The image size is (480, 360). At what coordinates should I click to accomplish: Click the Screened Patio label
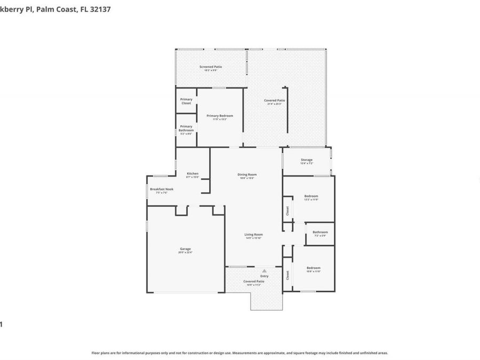click(211, 67)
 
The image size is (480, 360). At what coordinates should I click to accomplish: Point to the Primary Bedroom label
click(220, 116)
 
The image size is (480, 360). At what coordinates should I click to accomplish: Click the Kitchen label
click(193, 173)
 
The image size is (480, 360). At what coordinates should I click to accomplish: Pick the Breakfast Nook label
click(161, 189)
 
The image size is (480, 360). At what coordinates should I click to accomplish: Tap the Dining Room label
click(247, 174)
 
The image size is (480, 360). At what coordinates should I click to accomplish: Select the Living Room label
click(254, 234)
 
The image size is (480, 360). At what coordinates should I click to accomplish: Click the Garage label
click(185, 249)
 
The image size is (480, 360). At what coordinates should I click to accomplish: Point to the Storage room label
click(306, 160)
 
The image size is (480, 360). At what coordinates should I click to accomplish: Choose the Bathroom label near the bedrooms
click(320, 232)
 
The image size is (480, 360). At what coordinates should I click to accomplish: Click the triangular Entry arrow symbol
click(264, 271)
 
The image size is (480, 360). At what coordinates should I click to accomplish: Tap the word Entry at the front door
click(264, 276)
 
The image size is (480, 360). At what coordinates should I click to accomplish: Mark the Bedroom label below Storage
click(311, 196)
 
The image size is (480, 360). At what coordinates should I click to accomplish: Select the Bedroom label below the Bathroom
click(313, 268)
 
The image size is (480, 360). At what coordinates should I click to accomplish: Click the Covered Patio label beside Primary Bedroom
click(274, 100)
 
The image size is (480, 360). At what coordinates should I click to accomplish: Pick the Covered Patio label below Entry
click(254, 281)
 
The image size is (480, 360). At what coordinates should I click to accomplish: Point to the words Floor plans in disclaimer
click(101, 353)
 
